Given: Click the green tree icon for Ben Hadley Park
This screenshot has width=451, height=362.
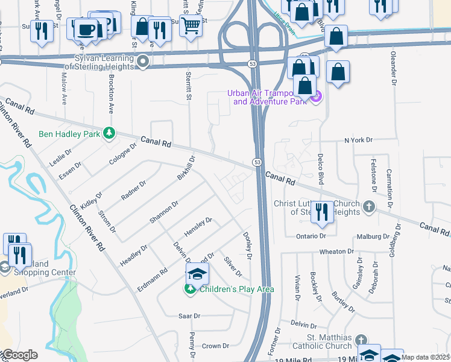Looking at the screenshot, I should coord(109,133).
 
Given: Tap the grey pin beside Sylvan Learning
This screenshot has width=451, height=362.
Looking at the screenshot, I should coord(143,61).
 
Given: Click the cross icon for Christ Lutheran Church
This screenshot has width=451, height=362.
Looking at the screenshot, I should coord(370,207).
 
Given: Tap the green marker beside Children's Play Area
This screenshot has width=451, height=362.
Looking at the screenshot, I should coord(190,289).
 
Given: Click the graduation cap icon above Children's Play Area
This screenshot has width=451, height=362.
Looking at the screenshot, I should coord(197,273).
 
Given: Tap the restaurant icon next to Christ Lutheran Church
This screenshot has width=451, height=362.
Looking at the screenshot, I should coord(322,211).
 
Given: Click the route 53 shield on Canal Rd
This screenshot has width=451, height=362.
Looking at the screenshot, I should coord(257,163).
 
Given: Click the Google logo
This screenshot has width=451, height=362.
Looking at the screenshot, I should coord(19,355).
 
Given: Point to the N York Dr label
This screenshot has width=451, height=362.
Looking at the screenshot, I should coord(359,140).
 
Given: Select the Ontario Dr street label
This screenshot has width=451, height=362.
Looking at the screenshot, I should coord(311,236).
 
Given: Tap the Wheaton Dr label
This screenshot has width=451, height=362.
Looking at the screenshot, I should coord(336,251).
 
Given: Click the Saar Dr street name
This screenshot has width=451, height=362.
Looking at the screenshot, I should coord(189,316).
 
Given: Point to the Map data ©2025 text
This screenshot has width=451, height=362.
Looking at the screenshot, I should coord(425,357).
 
